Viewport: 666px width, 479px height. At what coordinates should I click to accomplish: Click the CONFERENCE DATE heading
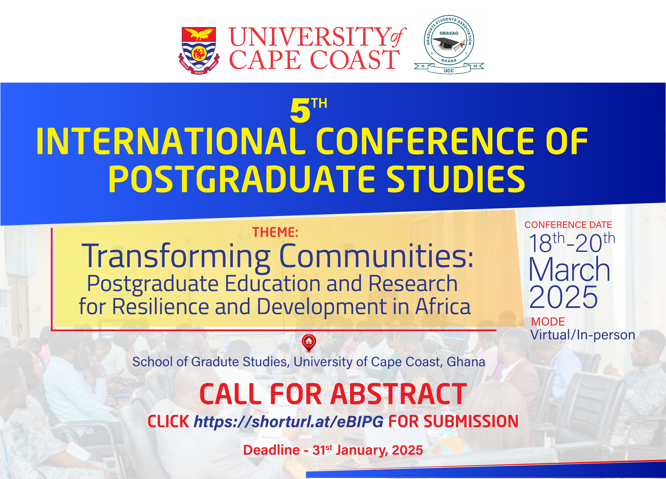pos(568,225)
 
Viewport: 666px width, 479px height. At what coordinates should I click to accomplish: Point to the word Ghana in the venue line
pos(466,362)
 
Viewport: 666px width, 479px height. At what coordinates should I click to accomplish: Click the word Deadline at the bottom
pos(271,450)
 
